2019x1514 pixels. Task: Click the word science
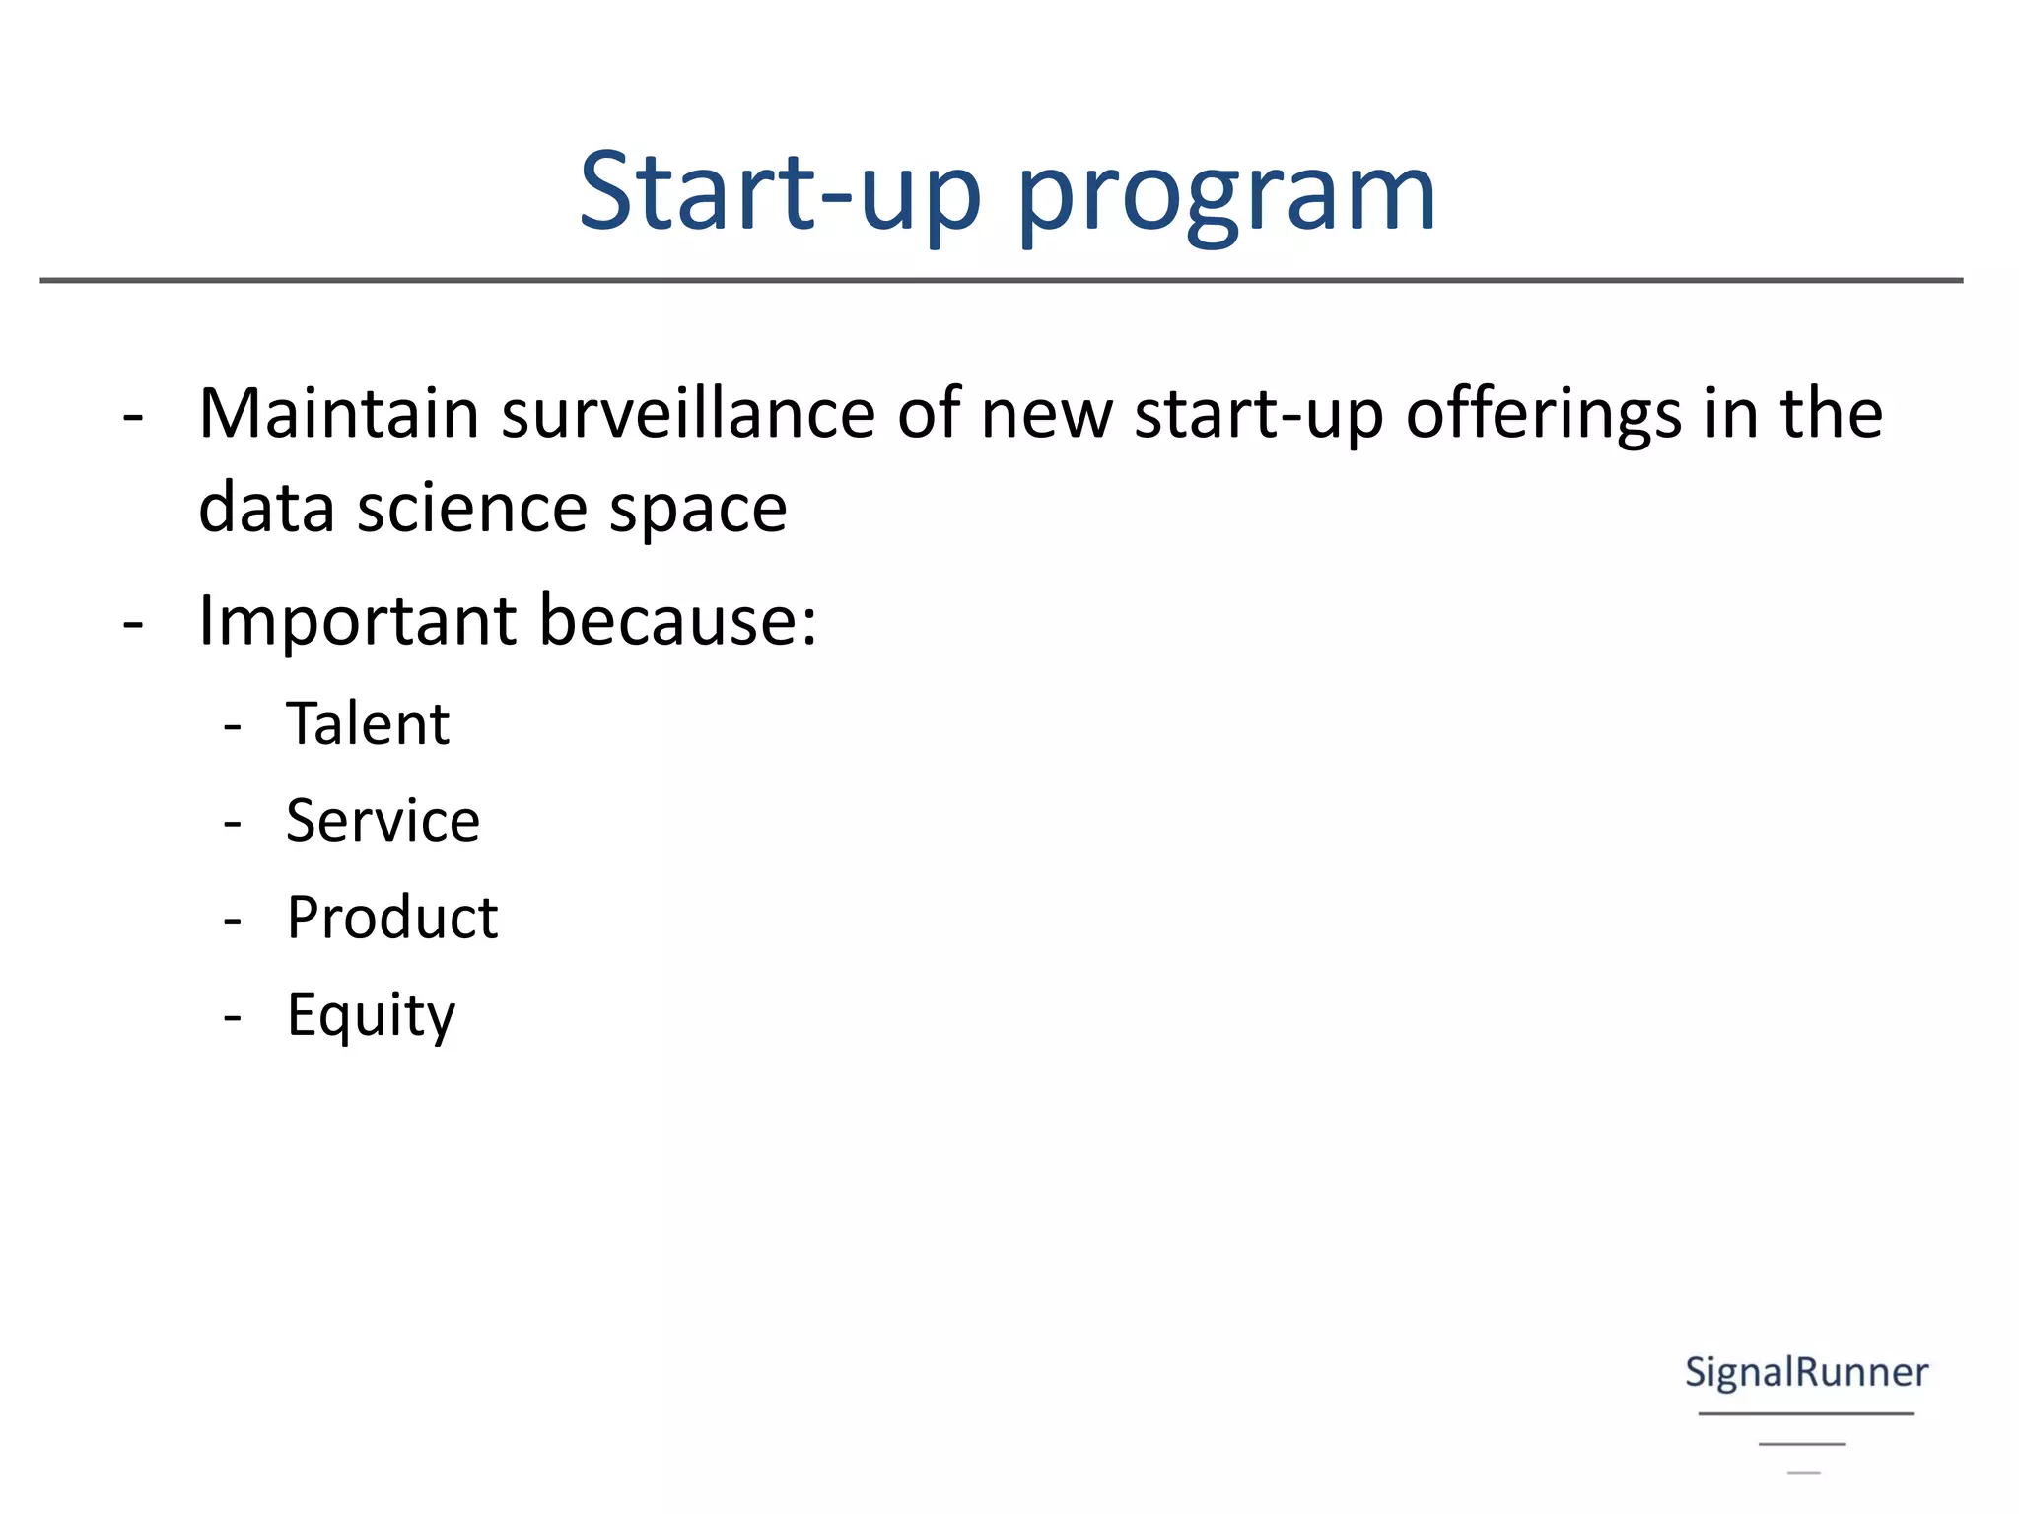tap(472, 508)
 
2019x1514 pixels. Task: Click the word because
tap(678, 621)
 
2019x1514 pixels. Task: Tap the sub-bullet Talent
tap(368, 723)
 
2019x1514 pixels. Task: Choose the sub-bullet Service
tap(383, 820)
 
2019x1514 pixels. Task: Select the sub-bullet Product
tap(392, 918)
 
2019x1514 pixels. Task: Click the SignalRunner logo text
tap(1806, 1372)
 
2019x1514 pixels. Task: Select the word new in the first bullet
tap(1046, 414)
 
